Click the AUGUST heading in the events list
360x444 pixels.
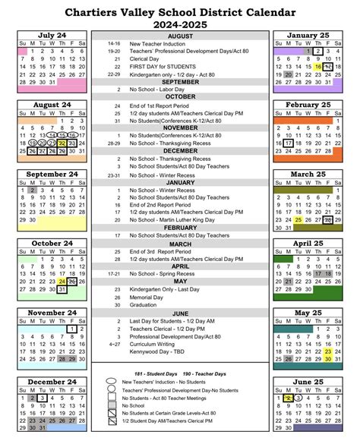[180, 36]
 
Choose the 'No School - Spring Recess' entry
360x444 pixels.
[156, 273]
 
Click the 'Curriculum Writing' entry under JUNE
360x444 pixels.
[153, 343]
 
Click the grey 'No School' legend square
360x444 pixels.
[111, 405]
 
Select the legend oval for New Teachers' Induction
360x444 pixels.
[111, 381]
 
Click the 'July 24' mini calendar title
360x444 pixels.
[52, 35]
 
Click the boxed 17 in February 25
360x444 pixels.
[289, 143]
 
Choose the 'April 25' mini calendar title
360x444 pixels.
[308, 243]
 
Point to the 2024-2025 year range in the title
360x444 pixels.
[180, 25]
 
